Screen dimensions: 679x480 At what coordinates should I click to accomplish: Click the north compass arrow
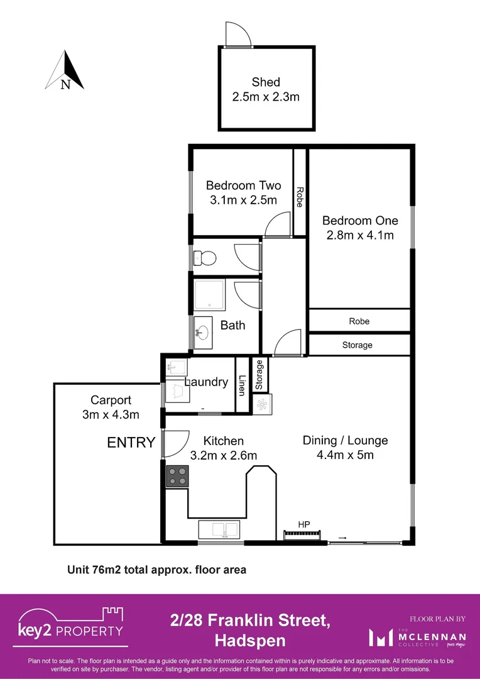click(65, 71)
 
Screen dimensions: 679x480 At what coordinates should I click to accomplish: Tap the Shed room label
click(266, 82)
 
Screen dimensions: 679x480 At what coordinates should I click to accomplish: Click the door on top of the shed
click(238, 35)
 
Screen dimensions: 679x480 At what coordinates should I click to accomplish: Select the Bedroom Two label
click(243, 185)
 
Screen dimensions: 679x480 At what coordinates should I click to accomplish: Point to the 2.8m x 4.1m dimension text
click(360, 236)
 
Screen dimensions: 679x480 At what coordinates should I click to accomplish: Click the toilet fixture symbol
click(205, 258)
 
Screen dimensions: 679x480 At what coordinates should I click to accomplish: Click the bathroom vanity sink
click(204, 331)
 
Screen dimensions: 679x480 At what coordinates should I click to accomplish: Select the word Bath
click(232, 326)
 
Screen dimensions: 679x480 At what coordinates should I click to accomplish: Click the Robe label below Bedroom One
click(359, 321)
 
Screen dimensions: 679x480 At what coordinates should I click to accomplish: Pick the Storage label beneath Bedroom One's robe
click(357, 345)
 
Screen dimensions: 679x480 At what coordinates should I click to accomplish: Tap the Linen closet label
click(242, 385)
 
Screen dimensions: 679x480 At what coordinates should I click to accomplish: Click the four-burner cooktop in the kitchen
click(178, 475)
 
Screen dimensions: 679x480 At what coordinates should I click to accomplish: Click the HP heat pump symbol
click(303, 534)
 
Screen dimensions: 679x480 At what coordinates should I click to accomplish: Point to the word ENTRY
click(131, 443)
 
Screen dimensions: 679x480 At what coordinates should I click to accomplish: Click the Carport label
click(111, 400)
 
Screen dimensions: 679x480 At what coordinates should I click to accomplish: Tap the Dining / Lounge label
click(345, 441)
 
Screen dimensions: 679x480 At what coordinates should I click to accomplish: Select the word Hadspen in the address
click(250, 641)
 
